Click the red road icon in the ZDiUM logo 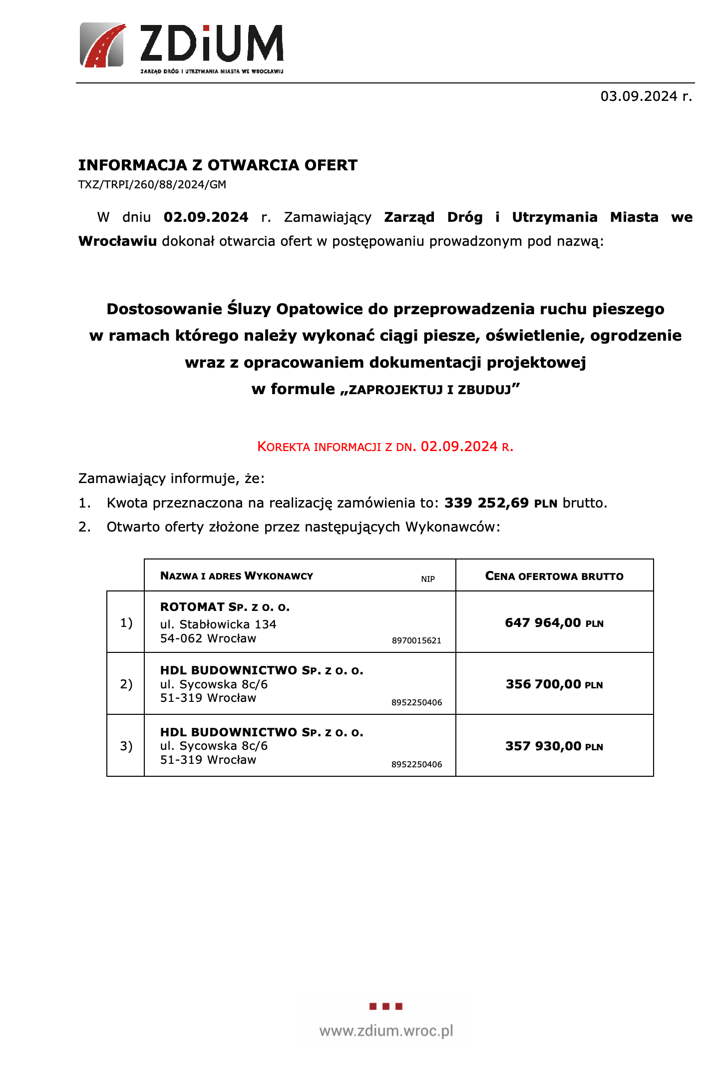[x=102, y=45]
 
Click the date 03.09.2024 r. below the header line [x=646, y=96]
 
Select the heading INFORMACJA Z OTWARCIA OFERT [x=218, y=165]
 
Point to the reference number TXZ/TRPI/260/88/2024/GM [x=152, y=185]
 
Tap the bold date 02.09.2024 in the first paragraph [x=206, y=217]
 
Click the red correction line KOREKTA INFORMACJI [x=385, y=447]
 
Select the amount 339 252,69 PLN [x=500, y=503]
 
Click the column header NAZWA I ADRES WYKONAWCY [x=237, y=576]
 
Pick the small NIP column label [x=428, y=579]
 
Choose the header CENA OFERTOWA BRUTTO [x=554, y=576]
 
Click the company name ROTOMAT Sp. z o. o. [x=225, y=607]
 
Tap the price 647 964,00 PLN [x=554, y=623]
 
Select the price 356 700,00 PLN [x=554, y=684]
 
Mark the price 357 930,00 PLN [x=554, y=746]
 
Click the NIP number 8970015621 [x=416, y=641]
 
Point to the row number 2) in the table [x=126, y=684]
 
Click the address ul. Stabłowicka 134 [x=218, y=624]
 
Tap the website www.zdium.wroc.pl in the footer [x=386, y=1031]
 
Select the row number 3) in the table [x=126, y=746]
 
